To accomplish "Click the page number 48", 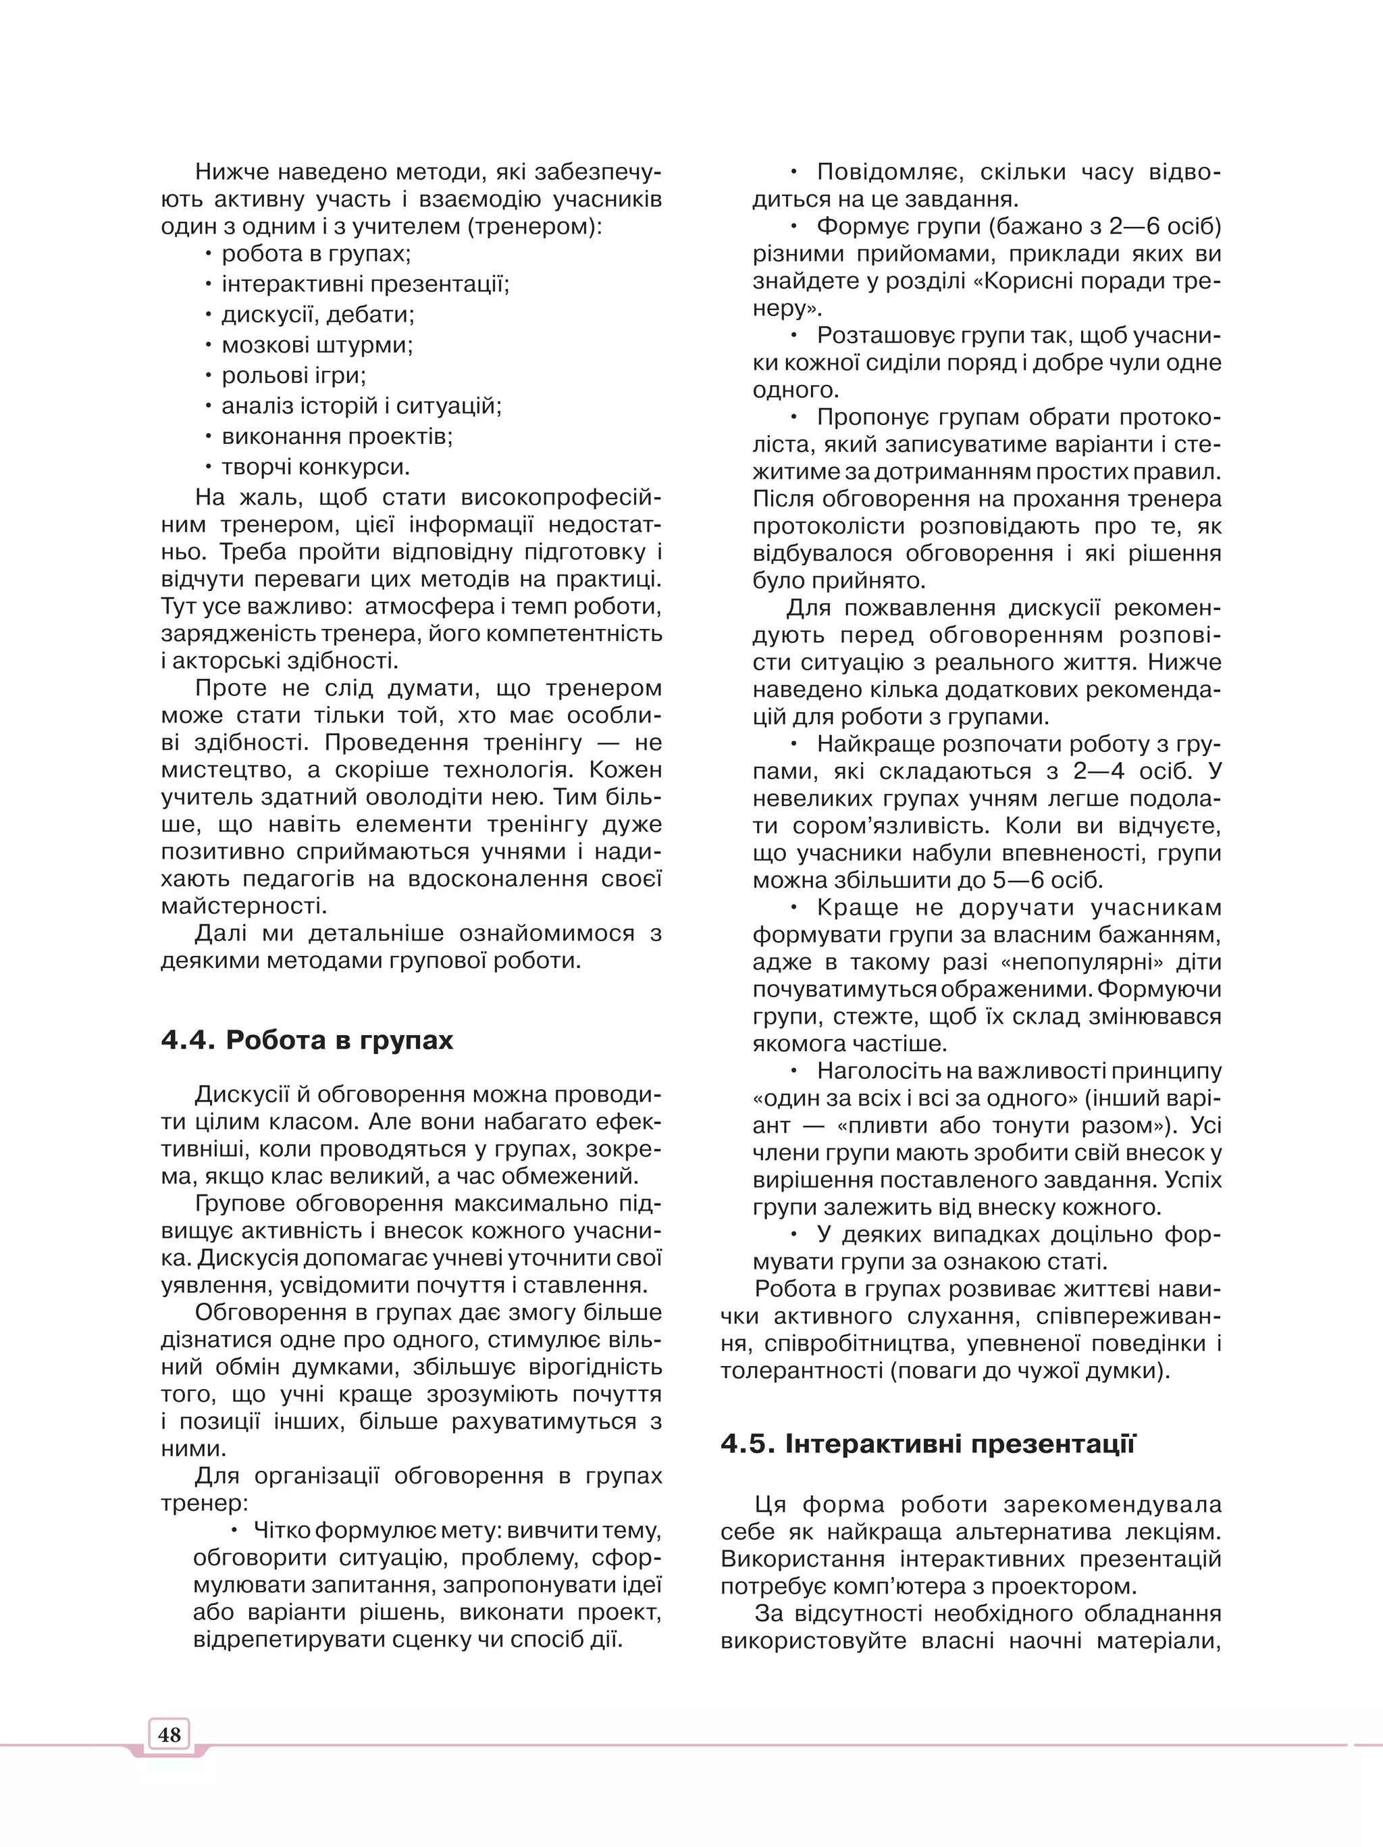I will coord(169,1734).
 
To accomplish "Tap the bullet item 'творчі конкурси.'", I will coord(315,467).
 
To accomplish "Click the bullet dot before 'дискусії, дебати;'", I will coord(209,315).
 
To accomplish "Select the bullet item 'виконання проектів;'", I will coord(337,436).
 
